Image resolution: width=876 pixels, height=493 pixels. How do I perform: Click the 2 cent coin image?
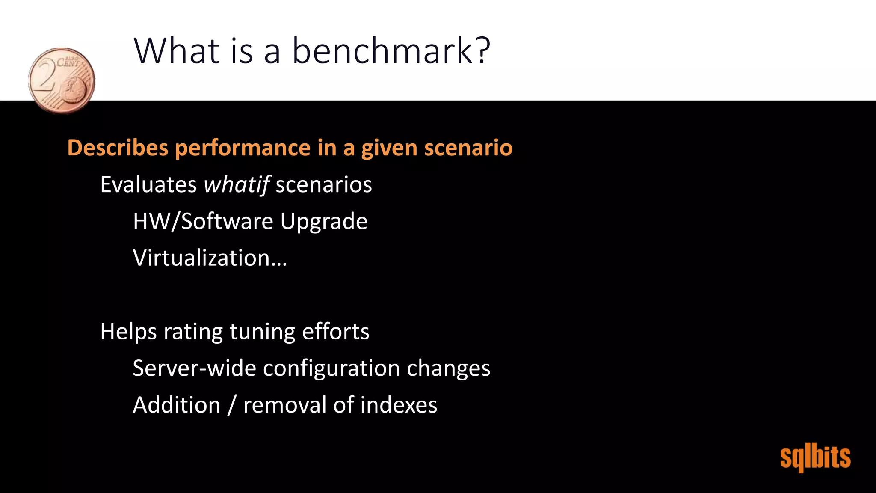62,80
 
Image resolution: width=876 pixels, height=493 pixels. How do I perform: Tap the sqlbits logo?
815,458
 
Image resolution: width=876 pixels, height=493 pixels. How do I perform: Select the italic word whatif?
236,185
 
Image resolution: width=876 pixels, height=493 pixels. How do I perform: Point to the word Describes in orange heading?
118,148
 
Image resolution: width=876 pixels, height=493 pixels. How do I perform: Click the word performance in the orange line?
243,148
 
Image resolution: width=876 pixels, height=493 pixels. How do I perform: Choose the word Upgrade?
324,222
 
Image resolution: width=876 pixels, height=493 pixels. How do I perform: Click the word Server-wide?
194,368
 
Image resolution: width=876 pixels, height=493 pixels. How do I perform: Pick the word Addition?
176,405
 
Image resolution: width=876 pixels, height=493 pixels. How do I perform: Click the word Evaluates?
148,185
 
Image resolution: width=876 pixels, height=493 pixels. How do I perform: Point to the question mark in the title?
482,51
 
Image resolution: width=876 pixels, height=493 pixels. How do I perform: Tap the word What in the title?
177,51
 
